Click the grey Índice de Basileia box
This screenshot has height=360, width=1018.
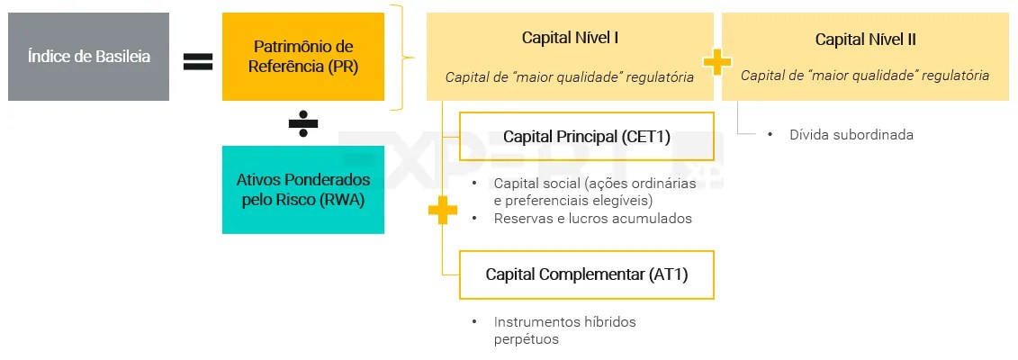point(88,56)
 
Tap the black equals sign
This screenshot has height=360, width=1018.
point(198,61)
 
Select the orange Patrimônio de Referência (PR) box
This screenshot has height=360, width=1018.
point(303,56)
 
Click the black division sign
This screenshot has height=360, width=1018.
point(303,125)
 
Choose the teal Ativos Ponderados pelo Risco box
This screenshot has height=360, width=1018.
point(303,190)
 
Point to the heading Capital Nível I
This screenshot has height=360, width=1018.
point(570,38)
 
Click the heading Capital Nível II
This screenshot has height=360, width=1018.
point(865,39)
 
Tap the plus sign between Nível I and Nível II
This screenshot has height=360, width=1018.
point(717,61)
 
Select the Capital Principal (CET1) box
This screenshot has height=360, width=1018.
point(586,137)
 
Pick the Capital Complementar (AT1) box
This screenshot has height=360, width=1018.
point(586,274)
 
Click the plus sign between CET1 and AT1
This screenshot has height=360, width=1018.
point(442,211)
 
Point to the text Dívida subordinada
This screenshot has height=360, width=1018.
point(851,135)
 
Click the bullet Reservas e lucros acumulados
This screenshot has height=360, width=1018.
point(592,219)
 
